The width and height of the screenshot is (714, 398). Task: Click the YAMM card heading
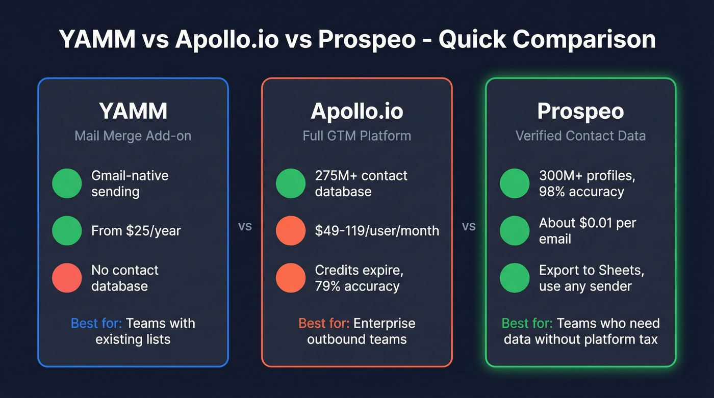[133, 112]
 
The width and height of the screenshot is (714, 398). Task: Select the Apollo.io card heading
[356, 112]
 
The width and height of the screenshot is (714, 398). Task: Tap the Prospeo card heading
[580, 112]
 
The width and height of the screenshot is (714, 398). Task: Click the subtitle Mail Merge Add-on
[133, 136]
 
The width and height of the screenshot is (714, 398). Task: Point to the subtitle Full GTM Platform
[356, 136]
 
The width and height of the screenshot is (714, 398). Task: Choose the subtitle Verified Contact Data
[580, 136]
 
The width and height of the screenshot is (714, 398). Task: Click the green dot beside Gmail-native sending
[67, 183]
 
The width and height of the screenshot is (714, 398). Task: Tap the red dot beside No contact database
[67, 278]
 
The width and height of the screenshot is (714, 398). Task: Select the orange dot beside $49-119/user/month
[291, 230]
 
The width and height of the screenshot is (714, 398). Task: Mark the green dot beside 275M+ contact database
[291, 183]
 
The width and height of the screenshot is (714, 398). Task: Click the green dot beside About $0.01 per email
[515, 230]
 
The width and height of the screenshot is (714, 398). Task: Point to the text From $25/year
[136, 231]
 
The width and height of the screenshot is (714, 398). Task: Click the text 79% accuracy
[357, 286]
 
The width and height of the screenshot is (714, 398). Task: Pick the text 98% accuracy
[581, 192]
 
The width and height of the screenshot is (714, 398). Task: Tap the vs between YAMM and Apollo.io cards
[245, 226]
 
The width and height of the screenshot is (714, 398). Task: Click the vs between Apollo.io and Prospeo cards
[469, 226]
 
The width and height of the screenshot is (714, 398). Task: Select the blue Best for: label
[96, 324]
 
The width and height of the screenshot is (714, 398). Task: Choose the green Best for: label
[527, 324]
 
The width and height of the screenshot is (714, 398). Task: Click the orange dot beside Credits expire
[291, 278]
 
